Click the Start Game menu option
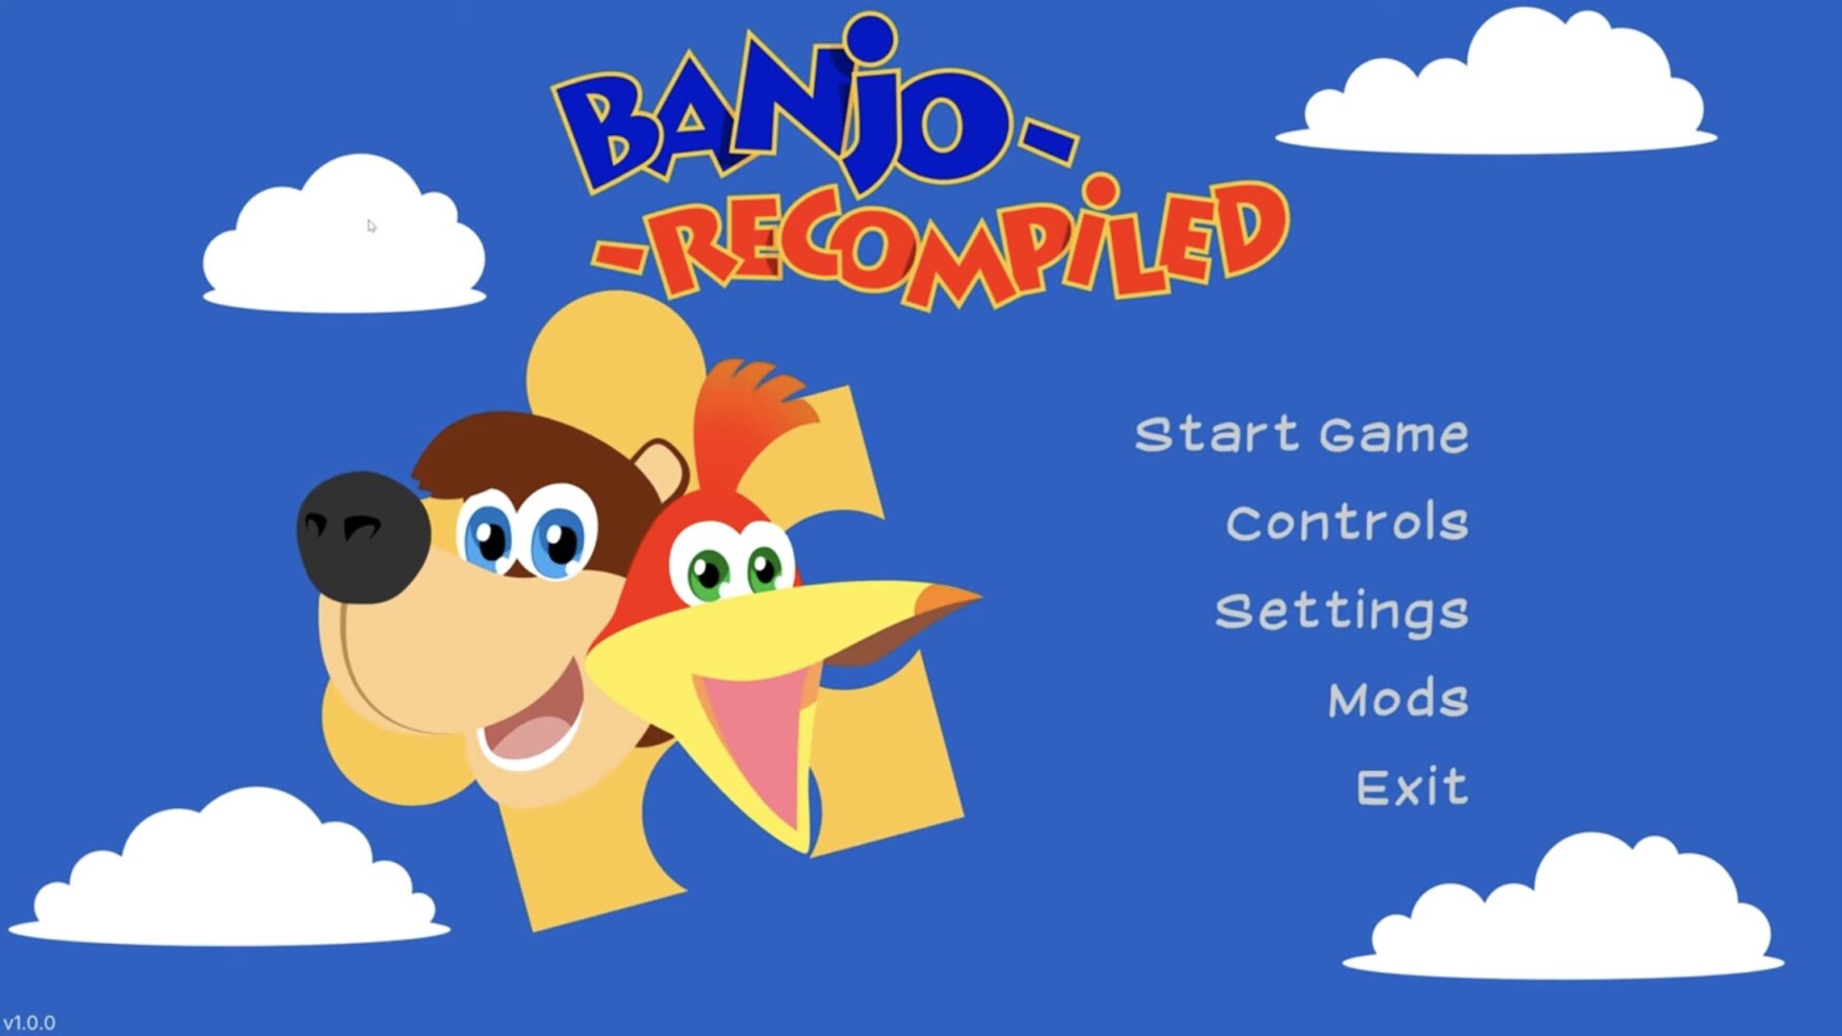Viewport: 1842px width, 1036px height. click(1301, 435)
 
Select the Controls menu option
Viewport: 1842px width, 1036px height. click(1347, 523)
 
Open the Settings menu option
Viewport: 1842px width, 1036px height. click(1341, 613)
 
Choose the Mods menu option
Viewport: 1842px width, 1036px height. click(1398, 698)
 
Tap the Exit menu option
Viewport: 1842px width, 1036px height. click(1411, 787)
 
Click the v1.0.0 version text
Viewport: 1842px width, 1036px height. click(29, 1023)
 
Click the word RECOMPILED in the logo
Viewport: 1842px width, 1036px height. click(969, 245)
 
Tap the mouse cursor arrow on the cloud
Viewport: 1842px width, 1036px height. click(371, 226)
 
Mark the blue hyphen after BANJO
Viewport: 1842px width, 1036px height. click(1048, 141)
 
